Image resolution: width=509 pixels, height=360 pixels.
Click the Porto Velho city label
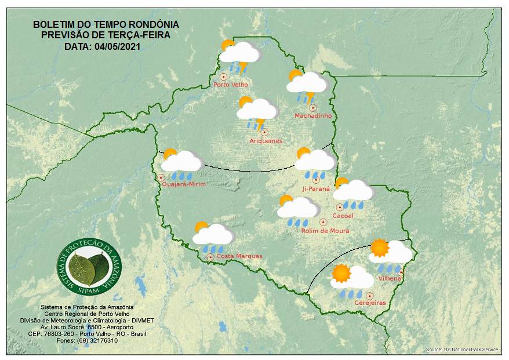(x=231, y=85)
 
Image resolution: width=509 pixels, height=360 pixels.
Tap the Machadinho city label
(x=313, y=116)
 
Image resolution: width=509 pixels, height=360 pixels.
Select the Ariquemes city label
(x=266, y=141)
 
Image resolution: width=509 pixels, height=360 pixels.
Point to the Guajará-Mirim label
(x=184, y=184)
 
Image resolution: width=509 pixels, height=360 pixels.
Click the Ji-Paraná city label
(x=316, y=189)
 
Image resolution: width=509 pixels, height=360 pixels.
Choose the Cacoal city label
(x=343, y=216)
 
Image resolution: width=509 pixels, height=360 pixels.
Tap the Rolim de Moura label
(x=325, y=231)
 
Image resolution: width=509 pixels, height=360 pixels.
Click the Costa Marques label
(x=239, y=256)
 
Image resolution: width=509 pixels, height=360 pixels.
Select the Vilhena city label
(x=390, y=278)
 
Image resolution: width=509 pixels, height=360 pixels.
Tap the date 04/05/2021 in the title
(x=118, y=46)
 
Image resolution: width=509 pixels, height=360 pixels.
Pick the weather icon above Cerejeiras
(x=351, y=279)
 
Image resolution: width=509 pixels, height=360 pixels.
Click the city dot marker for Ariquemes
(x=264, y=132)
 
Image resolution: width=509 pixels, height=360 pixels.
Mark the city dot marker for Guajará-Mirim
(x=161, y=177)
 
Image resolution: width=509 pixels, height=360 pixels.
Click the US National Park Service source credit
(x=462, y=350)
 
